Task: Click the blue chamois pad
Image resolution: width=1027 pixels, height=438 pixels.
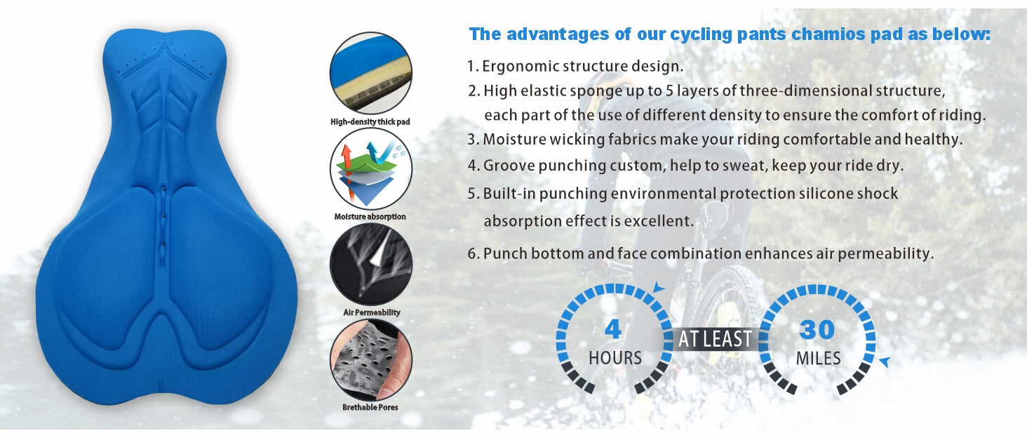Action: (x=166, y=218)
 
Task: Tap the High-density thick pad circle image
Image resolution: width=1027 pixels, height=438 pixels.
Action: (x=370, y=73)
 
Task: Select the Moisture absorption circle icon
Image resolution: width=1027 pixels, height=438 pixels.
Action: (x=370, y=168)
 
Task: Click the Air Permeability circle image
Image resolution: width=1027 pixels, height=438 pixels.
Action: (x=370, y=264)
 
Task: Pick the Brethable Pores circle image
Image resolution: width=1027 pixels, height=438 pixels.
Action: (x=370, y=359)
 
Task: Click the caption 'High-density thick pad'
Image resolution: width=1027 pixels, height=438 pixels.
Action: (x=370, y=121)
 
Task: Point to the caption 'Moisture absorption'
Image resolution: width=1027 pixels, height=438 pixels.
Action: (x=370, y=217)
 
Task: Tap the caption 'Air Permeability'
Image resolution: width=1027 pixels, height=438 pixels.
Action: (x=370, y=312)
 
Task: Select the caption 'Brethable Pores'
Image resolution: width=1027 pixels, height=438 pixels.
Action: (x=370, y=407)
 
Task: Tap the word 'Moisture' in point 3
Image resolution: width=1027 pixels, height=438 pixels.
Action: (x=514, y=139)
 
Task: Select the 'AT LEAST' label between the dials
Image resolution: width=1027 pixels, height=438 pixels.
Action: (x=715, y=340)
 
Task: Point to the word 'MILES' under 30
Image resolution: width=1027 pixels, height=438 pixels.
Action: (x=818, y=359)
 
